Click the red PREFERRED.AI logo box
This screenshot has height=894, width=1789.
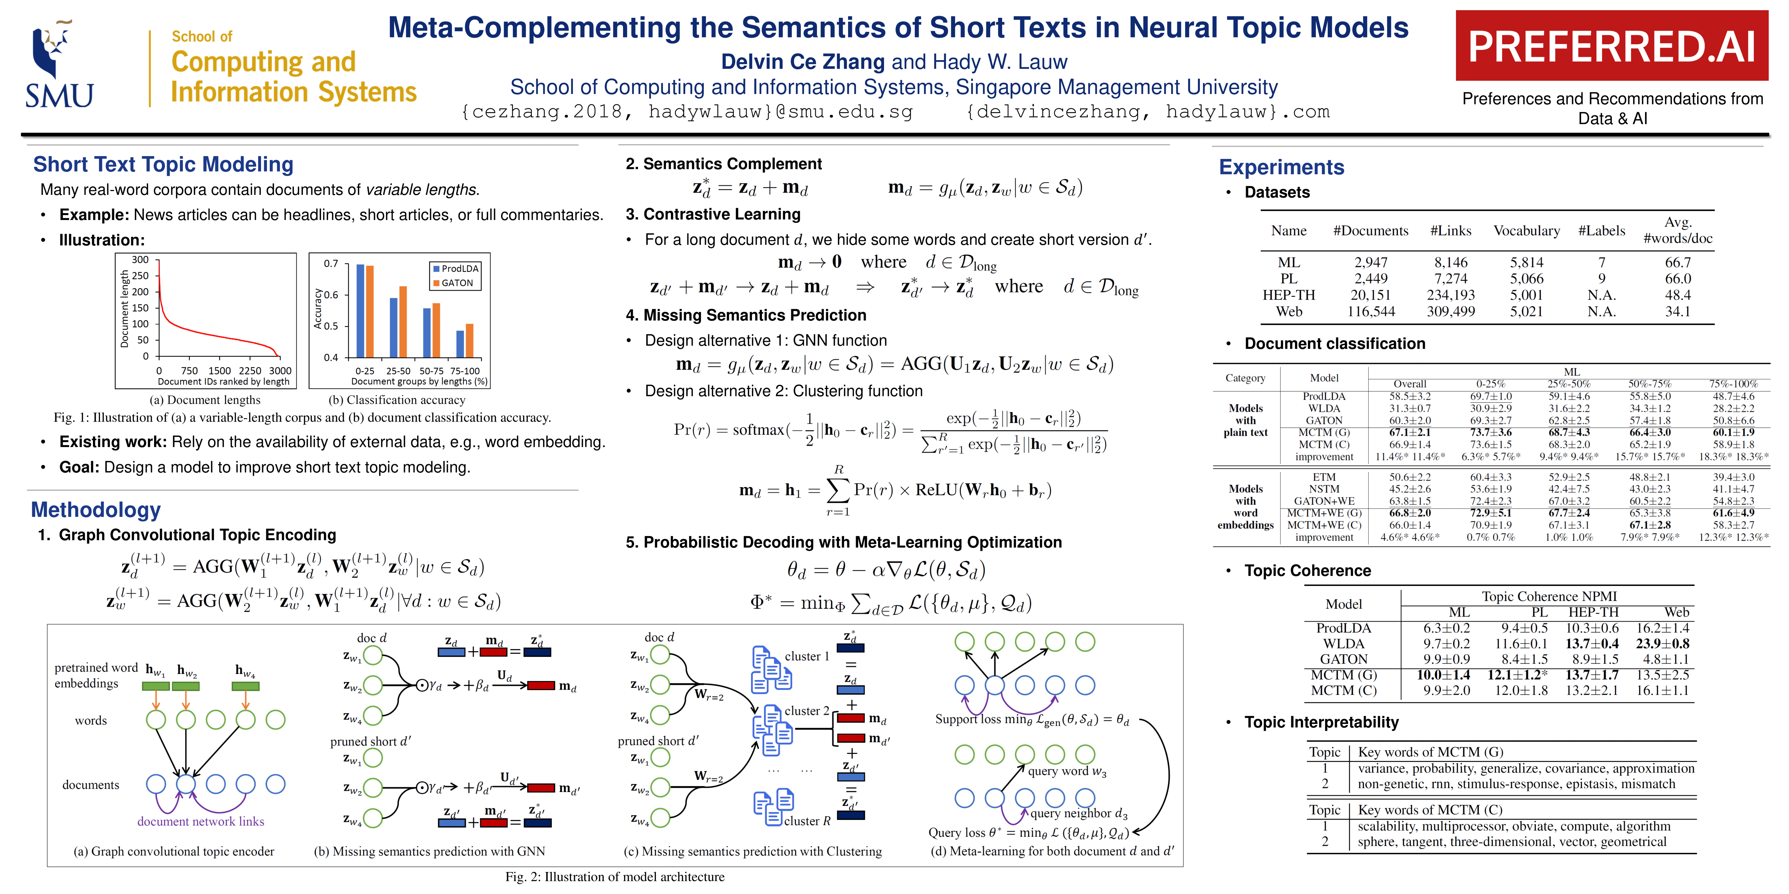[x=1611, y=46]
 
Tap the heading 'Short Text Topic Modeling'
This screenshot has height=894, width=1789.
[x=163, y=164]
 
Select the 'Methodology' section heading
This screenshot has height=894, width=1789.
[x=96, y=510]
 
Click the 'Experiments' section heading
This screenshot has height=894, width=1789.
[x=1281, y=167]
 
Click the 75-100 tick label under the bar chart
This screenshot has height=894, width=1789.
[x=465, y=371]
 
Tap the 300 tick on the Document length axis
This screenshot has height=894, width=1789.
[x=140, y=259]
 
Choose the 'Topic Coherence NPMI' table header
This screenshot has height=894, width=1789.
[x=1549, y=596]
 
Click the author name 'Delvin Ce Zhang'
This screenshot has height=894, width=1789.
[x=802, y=62]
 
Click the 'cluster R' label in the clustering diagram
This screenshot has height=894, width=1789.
[x=807, y=821]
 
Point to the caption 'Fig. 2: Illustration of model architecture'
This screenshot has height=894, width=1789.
[x=615, y=877]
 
